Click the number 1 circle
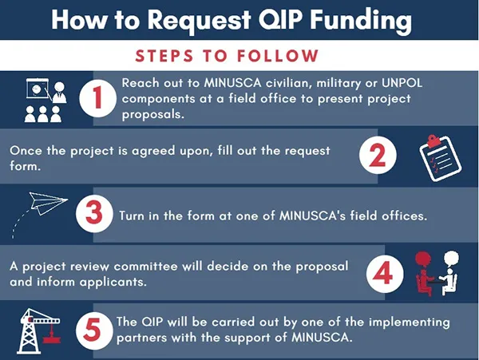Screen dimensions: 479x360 (97, 98)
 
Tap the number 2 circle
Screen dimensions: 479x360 (378, 155)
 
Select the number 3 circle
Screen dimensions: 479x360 (94, 213)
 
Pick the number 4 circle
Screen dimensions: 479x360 (385, 274)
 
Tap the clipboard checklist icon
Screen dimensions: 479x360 (440, 158)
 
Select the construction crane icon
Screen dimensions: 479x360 (39, 331)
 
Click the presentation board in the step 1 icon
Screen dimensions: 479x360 (38, 89)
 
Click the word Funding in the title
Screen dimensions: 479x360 (361, 20)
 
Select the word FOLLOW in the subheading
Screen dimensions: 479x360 (278, 56)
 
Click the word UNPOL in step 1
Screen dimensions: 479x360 (402, 83)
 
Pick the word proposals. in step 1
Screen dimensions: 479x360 (153, 115)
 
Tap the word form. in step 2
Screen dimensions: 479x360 (25, 166)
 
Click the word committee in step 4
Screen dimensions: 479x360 (145, 267)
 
